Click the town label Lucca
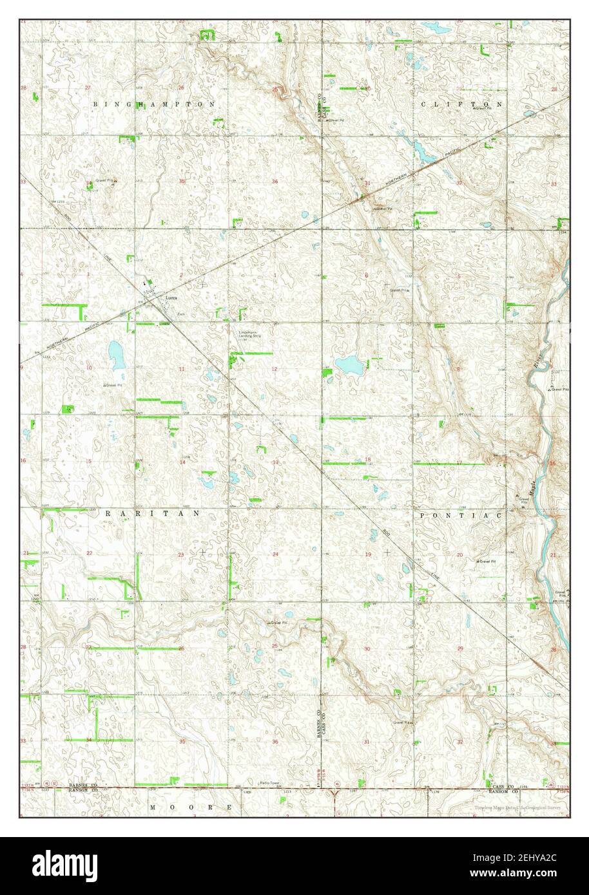(x=171, y=298)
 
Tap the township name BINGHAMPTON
(x=153, y=104)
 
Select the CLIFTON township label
(x=461, y=104)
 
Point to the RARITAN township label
(x=152, y=514)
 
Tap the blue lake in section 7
(x=348, y=365)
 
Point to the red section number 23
(x=181, y=554)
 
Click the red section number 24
(x=275, y=554)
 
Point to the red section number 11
(x=182, y=369)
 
